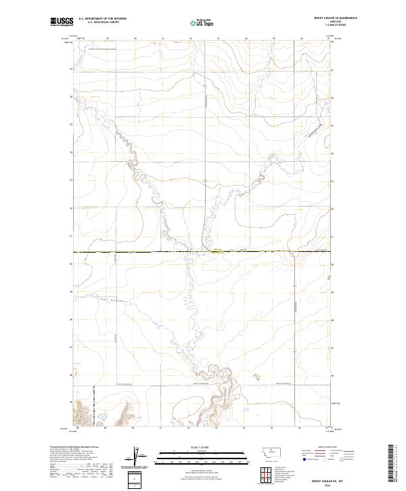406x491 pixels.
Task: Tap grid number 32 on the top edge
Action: tap(191, 39)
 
